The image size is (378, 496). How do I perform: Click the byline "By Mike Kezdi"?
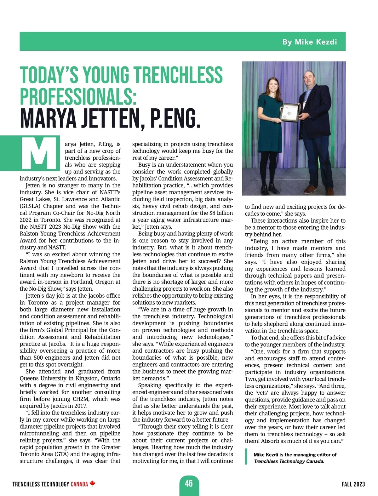(x=309, y=42)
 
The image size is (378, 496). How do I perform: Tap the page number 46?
(x=189, y=483)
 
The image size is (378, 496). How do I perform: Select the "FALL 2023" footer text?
(x=353, y=484)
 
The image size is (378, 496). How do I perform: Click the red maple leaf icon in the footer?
(x=92, y=483)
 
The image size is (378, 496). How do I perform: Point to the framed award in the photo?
(x=289, y=112)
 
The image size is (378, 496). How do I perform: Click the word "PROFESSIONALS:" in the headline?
(x=78, y=96)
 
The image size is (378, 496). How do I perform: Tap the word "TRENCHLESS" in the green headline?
(x=178, y=75)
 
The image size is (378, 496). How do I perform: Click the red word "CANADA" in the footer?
(x=79, y=484)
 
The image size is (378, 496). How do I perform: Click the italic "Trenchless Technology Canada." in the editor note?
(x=289, y=461)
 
